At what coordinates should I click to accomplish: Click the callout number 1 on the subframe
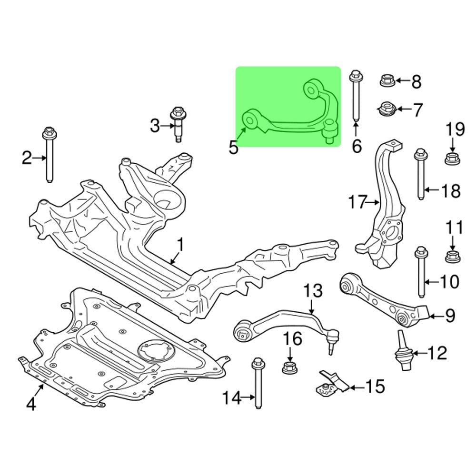[x=180, y=245]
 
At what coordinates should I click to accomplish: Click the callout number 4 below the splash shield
[x=31, y=404]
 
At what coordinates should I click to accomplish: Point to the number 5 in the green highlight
[x=233, y=147]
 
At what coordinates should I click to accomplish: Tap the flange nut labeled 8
[x=386, y=81]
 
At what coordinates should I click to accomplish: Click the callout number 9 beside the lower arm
[x=450, y=315]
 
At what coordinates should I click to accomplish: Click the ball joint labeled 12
[x=403, y=352]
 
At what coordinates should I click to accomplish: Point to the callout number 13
[x=313, y=290]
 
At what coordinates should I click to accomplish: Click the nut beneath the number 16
[x=289, y=367]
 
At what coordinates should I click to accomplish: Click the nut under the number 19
[x=451, y=159]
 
